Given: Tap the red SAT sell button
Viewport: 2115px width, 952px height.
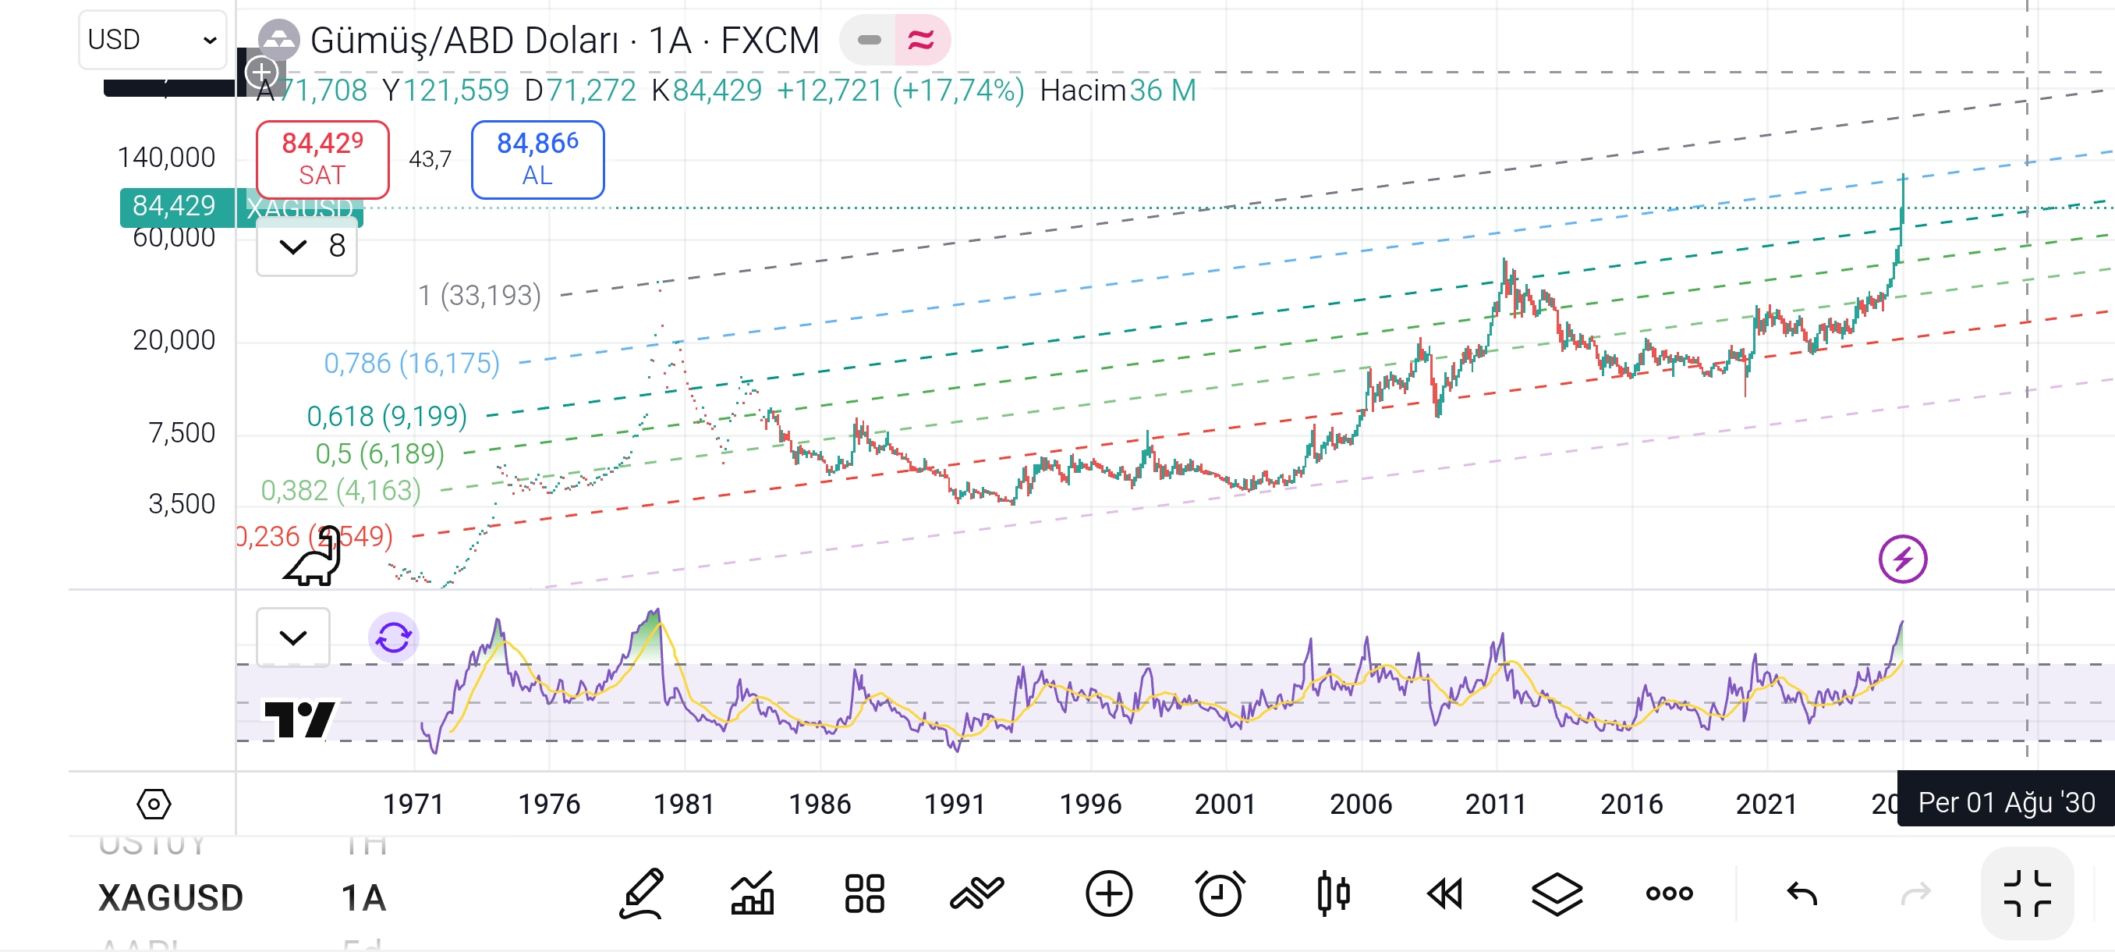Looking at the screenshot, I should pyautogui.click(x=322, y=159).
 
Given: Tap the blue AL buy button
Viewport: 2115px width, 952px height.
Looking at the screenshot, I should pyautogui.click(x=537, y=159).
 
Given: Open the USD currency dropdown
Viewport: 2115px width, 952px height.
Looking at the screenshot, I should pyautogui.click(x=152, y=40).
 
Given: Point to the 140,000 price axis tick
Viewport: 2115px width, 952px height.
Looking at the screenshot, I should pyautogui.click(x=166, y=157).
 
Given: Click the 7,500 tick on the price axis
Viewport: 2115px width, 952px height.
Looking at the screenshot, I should pyautogui.click(x=182, y=433).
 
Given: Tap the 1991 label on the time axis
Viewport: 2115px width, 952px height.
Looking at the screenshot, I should pyautogui.click(x=954, y=803).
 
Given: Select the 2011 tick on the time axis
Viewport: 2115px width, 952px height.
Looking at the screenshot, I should pyautogui.click(x=1495, y=803).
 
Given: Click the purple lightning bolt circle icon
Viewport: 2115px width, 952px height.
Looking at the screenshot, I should pyautogui.click(x=1902, y=559).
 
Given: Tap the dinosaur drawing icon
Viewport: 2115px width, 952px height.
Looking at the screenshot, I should pyautogui.click(x=314, y=558).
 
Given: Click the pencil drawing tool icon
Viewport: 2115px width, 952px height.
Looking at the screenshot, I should pyautogui.click(x=640, y=893).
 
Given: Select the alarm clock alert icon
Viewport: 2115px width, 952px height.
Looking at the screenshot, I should pyautogui.click(x=1220, y=893).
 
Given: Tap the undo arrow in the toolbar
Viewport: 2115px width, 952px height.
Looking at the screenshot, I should pyautogui.click(x=1801, y=893).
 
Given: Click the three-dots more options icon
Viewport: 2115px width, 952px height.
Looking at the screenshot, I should pyautogui.click(x=1669, y=893).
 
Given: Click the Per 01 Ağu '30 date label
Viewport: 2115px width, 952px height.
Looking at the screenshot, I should pyautogui.click(x=2006, y=801).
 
